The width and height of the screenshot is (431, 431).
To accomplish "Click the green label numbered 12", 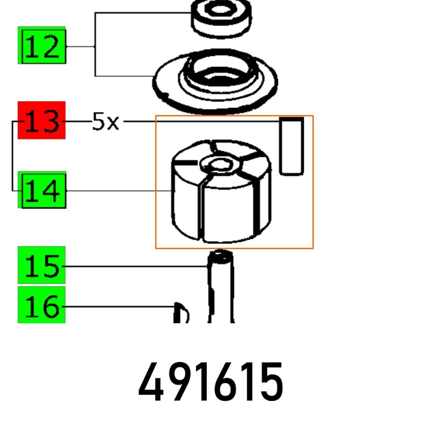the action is [x=42, y=45].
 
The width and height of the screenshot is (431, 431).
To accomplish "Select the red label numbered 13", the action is [x=41, y=120].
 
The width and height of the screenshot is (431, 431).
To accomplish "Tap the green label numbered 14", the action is [x=42, y=190].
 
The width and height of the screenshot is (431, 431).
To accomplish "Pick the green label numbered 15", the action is [x=41, y=265].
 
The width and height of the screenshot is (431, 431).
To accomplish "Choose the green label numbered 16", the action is [x=41, y=304].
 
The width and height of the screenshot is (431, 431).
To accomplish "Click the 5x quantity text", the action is [x=106, y=121].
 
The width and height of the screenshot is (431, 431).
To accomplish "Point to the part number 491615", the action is [x=211, y=382].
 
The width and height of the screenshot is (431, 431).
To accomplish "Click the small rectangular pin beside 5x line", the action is [x=291, y=145].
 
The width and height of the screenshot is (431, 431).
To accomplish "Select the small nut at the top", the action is [x=221, y=18].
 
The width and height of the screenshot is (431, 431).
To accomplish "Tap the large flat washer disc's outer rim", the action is [x=215, y=81].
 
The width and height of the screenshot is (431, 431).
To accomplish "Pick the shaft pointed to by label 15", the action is [x=221, y=286].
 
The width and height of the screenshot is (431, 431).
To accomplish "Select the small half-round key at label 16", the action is [x=181, y=313].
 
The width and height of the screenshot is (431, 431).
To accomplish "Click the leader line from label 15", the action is [x=136, y=266].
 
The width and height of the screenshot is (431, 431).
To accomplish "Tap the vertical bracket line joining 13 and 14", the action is [x=12, y=156].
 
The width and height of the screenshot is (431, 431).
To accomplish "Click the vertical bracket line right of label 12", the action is [x=95, y=44].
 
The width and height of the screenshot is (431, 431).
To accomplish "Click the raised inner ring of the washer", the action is [x=219, y=75].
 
